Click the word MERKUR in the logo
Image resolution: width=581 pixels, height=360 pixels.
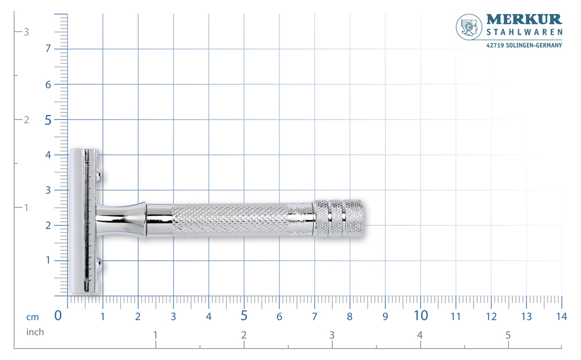click(524, 19)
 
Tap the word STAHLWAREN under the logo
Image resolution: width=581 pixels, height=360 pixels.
click(524, 33)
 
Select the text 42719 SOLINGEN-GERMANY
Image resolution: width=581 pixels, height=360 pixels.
click(524, 45)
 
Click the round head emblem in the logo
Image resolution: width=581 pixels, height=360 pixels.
click(469, 27)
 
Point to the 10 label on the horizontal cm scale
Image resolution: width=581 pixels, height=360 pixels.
click(421, 315)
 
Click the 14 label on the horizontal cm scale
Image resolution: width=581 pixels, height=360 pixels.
click(562, 316)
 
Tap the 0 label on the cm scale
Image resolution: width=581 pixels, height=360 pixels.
click(58, 315)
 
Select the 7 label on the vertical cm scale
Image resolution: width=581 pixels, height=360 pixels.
click(48, 49)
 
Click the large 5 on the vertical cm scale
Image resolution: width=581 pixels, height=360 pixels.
click(48, 120)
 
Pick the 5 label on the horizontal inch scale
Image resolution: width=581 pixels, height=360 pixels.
click(508, 335)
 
